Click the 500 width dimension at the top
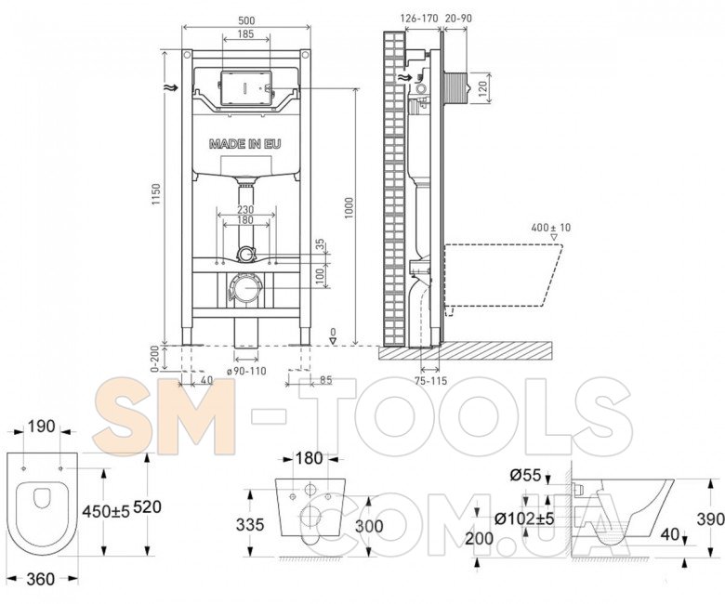point(246,20)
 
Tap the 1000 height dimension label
point(349,208)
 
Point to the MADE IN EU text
point(245,144)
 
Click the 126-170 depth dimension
point(419,19)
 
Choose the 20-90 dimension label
point(458,19)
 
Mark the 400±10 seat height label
point(551,228)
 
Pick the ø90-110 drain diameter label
point(246,371)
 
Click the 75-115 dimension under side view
point(431,381)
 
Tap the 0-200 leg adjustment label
point(155,359)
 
